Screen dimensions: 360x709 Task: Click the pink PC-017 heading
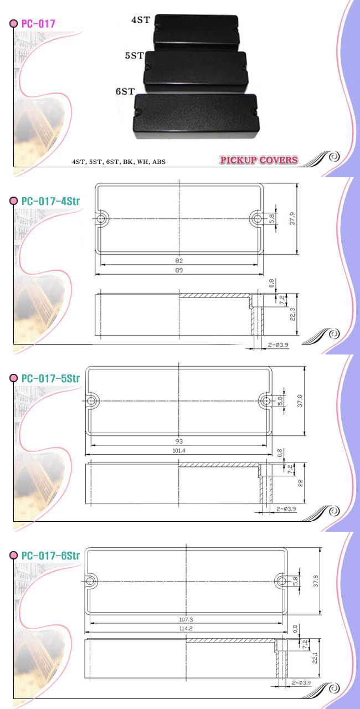(38, 23)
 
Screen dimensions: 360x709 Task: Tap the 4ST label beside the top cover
(141, 19)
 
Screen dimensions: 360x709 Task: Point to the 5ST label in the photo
(135, 56)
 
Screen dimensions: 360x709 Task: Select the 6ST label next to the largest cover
(125, 91)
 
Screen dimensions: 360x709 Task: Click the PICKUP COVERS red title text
(259, 160)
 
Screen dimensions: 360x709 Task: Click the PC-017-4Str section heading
(50, 201)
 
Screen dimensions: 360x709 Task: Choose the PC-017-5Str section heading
(50, 378)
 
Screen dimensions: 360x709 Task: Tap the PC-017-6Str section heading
(50, 556)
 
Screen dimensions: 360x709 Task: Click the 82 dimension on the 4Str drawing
(179, 260)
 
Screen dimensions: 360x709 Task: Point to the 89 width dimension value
(179, 270)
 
